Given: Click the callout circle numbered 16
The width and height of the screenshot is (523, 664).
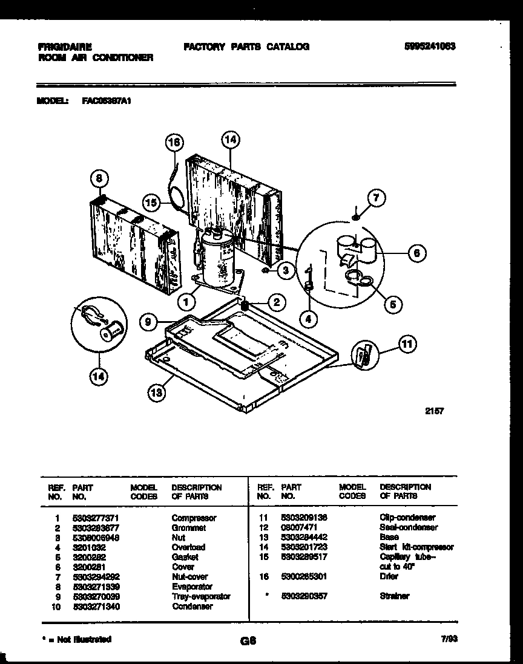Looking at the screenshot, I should click(174, 143).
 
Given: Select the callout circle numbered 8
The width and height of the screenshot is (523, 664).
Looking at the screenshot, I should click(100, 178).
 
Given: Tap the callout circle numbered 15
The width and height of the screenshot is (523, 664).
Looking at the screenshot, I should click(153, 203).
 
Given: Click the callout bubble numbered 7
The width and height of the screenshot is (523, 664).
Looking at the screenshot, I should click(376, 198).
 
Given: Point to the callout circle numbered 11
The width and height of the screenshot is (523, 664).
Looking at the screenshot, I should click(407, 345).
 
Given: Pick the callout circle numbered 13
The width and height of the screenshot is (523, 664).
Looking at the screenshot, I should click(157, 394).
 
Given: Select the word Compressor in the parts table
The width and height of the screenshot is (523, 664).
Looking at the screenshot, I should click(194, 518).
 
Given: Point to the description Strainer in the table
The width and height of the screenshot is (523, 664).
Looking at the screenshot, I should click(394, 596).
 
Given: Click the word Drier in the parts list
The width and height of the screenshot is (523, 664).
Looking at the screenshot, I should click(389, 577).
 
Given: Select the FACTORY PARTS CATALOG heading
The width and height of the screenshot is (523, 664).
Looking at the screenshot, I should click(246, 47).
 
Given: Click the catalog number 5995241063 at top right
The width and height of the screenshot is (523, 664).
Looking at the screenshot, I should click(429, 47).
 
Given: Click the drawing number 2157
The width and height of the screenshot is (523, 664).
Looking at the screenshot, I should click(434, 411).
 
